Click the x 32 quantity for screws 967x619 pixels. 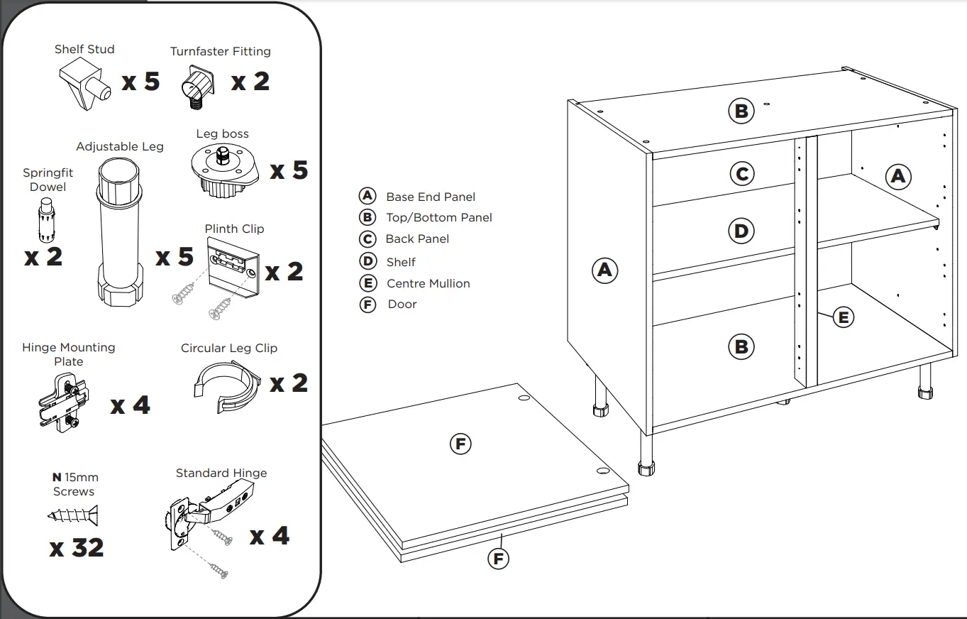[x=77, y=548]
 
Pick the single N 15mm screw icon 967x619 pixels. [x=72, y=515]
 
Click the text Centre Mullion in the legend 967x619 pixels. [x=428, y=283]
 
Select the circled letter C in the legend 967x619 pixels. [x=368, y=239]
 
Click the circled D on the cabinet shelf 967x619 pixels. [x=741, y=231]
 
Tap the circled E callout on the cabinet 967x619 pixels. [x=843, y=317]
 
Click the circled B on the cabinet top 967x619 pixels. [x=741, y=111]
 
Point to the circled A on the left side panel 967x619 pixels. [x=604, y=270]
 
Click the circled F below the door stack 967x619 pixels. [x=498, y=559]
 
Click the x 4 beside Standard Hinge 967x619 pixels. [x=270, y=536]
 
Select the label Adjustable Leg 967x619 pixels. [x=119, y=146]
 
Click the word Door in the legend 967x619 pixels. [x=402, y=305]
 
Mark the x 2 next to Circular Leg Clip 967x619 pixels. [x=289, y=383]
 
